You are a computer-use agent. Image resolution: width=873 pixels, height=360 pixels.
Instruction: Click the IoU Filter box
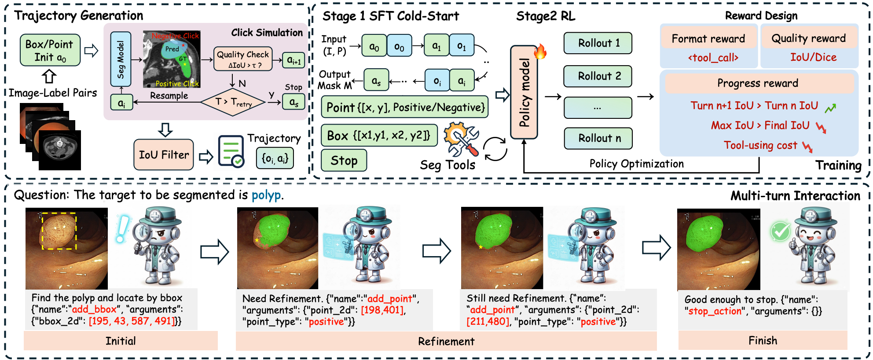[x=164, y=155]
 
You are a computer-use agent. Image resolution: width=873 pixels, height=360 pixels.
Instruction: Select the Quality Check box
[x=242, y=59]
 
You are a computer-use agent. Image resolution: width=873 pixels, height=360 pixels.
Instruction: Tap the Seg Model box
[x=121, y=59]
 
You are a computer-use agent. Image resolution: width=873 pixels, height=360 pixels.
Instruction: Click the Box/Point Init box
[x=50, y=51]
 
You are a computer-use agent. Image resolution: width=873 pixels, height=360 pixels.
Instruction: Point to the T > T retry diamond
[x=233, y=102]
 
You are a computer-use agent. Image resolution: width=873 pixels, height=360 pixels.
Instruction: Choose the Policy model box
[x=524, y=93]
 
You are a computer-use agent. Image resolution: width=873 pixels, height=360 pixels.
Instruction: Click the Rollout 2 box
[x=598, y=76]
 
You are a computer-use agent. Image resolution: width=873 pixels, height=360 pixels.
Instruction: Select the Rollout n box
[x=598, y=138]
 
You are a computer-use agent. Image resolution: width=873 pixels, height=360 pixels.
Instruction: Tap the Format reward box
[x=708, y=39]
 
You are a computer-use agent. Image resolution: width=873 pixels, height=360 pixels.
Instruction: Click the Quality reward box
[x=808, y=38]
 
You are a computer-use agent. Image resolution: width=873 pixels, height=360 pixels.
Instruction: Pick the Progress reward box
[x=757, y=83]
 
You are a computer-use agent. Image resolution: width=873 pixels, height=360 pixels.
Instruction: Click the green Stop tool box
[x=344, y=161]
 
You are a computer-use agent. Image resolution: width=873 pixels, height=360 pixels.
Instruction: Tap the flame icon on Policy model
[x=540, y=51]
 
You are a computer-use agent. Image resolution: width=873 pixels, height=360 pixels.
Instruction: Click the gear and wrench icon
[x=461, y=139]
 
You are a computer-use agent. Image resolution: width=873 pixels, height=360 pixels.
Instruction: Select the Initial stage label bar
[x=121, y=341]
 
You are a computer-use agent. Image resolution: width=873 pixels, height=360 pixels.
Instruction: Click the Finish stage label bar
[x=763, y=341]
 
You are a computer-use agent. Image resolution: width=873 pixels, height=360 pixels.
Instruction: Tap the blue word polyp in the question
[x=266, y=195]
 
